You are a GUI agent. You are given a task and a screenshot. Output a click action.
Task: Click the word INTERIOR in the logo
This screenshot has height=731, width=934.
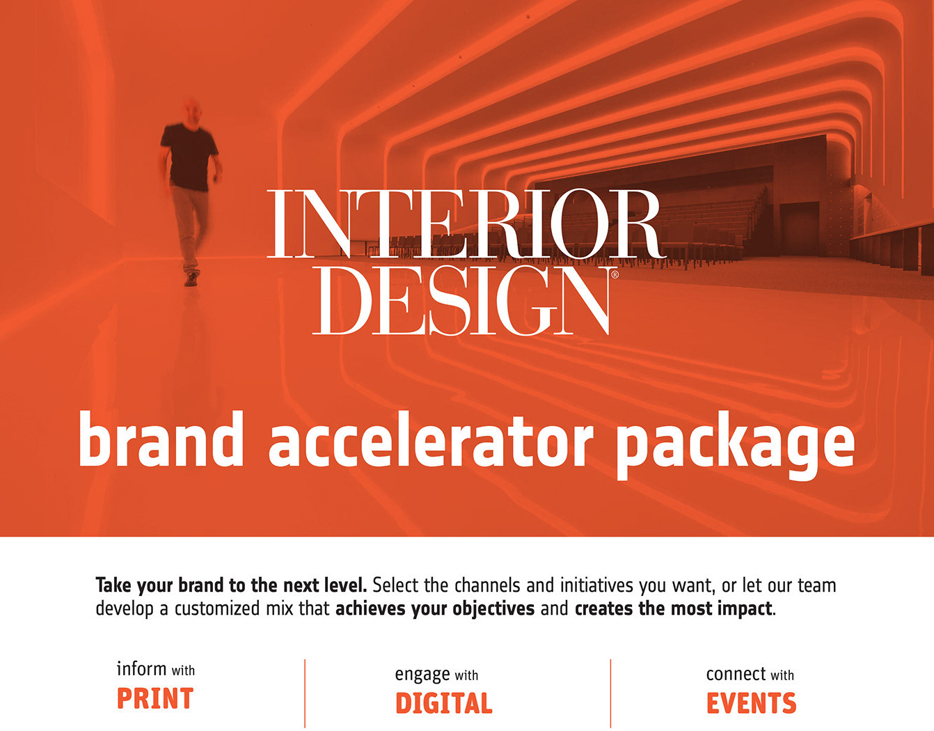tap(467, 223)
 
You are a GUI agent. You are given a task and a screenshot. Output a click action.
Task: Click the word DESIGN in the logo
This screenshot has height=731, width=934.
tap(460, 300)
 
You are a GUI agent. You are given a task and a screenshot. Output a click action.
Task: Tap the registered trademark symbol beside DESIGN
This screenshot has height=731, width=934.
tap(615, 274)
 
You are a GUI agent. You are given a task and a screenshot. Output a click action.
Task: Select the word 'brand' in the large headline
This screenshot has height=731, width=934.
tap(161, 439)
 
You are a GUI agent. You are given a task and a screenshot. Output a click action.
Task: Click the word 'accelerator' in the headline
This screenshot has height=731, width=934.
tap(431, 439)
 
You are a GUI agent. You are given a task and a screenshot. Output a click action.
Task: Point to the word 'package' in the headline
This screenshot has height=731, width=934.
tap(736, 446)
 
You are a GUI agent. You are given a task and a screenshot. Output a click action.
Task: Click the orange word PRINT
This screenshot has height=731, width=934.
tap(155, 698)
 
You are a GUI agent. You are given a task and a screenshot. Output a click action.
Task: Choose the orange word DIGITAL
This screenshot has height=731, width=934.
tap(443, 703)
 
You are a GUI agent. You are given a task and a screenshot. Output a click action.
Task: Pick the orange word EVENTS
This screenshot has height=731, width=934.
tap(752, 703)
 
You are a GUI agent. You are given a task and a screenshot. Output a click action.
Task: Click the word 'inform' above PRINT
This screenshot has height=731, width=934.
tap(141, 669)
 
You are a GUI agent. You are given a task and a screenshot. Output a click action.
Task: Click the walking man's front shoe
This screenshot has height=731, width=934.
tap(191, 279)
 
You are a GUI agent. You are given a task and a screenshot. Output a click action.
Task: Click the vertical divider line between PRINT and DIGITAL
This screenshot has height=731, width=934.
tap(305, 694)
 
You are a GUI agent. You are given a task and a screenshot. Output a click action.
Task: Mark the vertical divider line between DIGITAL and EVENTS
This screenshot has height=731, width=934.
tap(610, 694)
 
